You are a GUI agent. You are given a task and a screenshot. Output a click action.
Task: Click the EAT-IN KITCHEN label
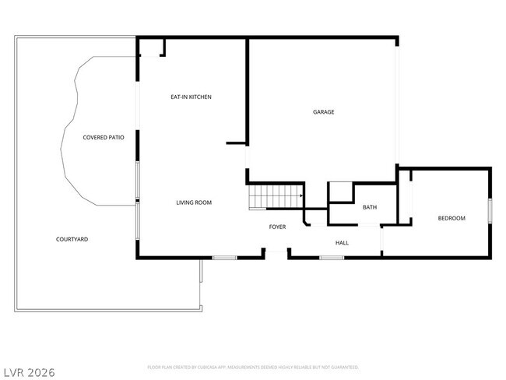pos(192,97)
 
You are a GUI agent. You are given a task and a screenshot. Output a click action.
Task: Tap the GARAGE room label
pos(324,112)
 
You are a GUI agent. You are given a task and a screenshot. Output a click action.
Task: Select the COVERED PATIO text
pos(104,137)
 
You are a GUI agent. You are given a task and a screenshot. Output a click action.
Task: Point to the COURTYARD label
pos(72,239)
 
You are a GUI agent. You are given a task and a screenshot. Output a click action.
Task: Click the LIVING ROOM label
pos(194,202)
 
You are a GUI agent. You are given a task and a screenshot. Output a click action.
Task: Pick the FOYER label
pos(277,227)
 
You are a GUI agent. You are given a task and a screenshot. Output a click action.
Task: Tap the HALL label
pos(342,243)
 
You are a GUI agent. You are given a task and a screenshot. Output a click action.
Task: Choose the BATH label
pos(370,207)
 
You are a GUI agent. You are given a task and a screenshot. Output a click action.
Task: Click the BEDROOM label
pos(452,218)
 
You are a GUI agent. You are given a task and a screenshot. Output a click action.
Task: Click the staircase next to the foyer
pos(274,198)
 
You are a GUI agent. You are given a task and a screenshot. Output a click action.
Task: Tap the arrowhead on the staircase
pos(300,196)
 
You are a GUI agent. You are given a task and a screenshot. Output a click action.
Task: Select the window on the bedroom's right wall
pos(490,211)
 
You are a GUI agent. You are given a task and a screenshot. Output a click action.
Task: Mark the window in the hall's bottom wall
pos(332,257)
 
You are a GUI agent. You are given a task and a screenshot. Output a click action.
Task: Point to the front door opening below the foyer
pos(276,252)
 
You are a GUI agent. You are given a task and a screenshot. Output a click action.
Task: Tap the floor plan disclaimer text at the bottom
pos(252,366)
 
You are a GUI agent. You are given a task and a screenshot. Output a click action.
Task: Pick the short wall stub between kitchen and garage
pos(236,143)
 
